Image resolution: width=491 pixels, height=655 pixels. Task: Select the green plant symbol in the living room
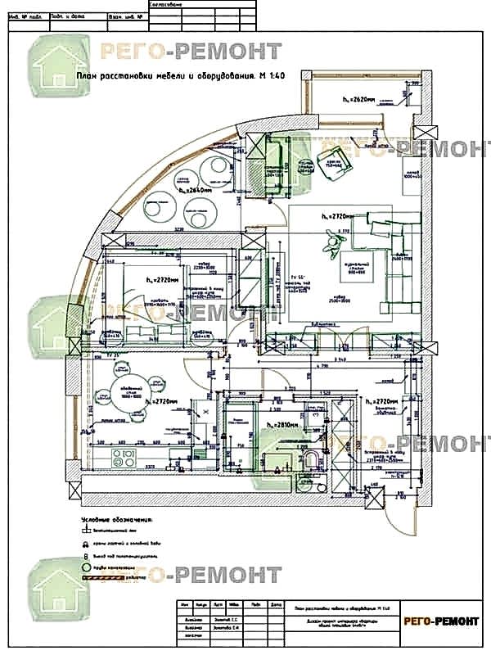click(x=332, y=240)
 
